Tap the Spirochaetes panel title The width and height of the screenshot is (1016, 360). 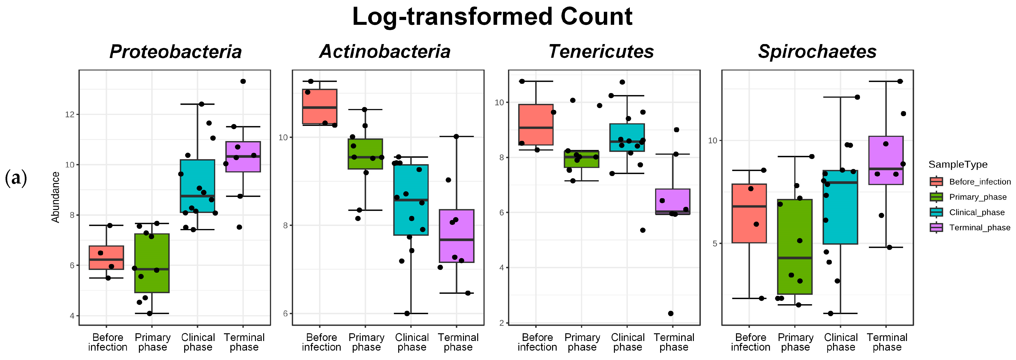point(817,52)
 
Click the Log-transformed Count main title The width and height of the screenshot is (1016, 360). point(492,17)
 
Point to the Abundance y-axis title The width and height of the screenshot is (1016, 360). point(56,197)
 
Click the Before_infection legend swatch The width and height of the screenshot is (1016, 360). point(936,181)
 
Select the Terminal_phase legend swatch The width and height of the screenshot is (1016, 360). point(936,228)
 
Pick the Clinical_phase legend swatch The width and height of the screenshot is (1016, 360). point(936,212)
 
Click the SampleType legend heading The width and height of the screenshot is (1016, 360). point(958,164)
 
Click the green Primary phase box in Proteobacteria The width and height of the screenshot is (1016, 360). point(152,263)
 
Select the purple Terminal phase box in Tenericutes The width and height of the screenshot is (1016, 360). point(672,202)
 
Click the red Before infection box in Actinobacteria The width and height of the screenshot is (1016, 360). point(319,106)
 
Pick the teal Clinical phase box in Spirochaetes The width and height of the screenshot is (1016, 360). point(840,207)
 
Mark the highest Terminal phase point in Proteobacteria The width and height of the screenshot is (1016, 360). point(243,81)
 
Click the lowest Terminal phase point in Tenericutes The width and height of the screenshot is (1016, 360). point(671,314)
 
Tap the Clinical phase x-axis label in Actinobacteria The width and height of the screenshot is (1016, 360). point(411,342)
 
